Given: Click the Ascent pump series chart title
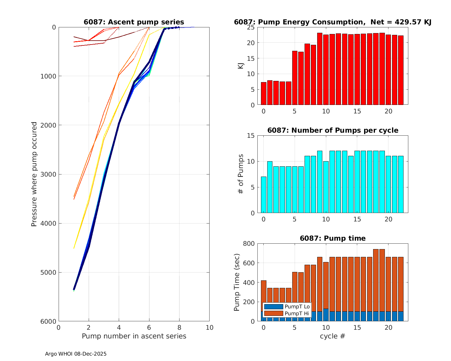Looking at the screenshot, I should (x=134, y=22).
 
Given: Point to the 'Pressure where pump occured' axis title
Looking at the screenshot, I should (x=34, y=174).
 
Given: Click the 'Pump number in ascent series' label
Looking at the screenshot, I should (x=134, y=336).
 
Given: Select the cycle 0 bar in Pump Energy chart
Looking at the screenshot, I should (x=264, y=94).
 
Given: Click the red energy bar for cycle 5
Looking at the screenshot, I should (x=295, y=78).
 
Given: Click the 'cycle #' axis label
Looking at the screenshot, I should (x=332, y=336).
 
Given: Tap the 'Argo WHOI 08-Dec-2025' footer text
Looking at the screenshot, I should (x=76, y=354).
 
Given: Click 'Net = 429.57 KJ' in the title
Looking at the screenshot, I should (x=401, y=22).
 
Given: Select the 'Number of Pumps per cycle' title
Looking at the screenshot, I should (x=333, y=130).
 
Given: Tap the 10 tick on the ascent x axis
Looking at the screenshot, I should (x=209, y=328).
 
